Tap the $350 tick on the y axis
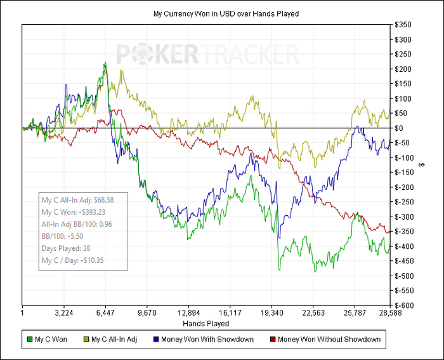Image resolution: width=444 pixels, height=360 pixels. pos(403,25)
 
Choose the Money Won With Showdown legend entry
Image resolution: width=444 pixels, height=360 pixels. pos(208,340)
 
